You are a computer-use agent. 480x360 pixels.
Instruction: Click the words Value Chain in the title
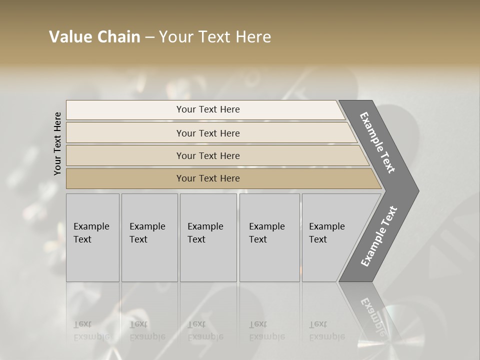click(94, 37)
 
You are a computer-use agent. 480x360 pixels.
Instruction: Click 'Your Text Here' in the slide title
click(215, 37)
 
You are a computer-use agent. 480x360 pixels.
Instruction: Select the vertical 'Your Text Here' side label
click(57, 143)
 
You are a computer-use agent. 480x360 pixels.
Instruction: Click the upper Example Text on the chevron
click(377, 142)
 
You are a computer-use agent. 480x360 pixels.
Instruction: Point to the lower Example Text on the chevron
click(379, 236)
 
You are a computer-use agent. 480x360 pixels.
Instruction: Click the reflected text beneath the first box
click(91, 330)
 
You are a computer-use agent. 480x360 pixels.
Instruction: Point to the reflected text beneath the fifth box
click(326, 330)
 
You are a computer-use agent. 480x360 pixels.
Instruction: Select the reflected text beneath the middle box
click(205, 330)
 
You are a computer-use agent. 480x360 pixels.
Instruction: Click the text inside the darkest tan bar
click(208, 178)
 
